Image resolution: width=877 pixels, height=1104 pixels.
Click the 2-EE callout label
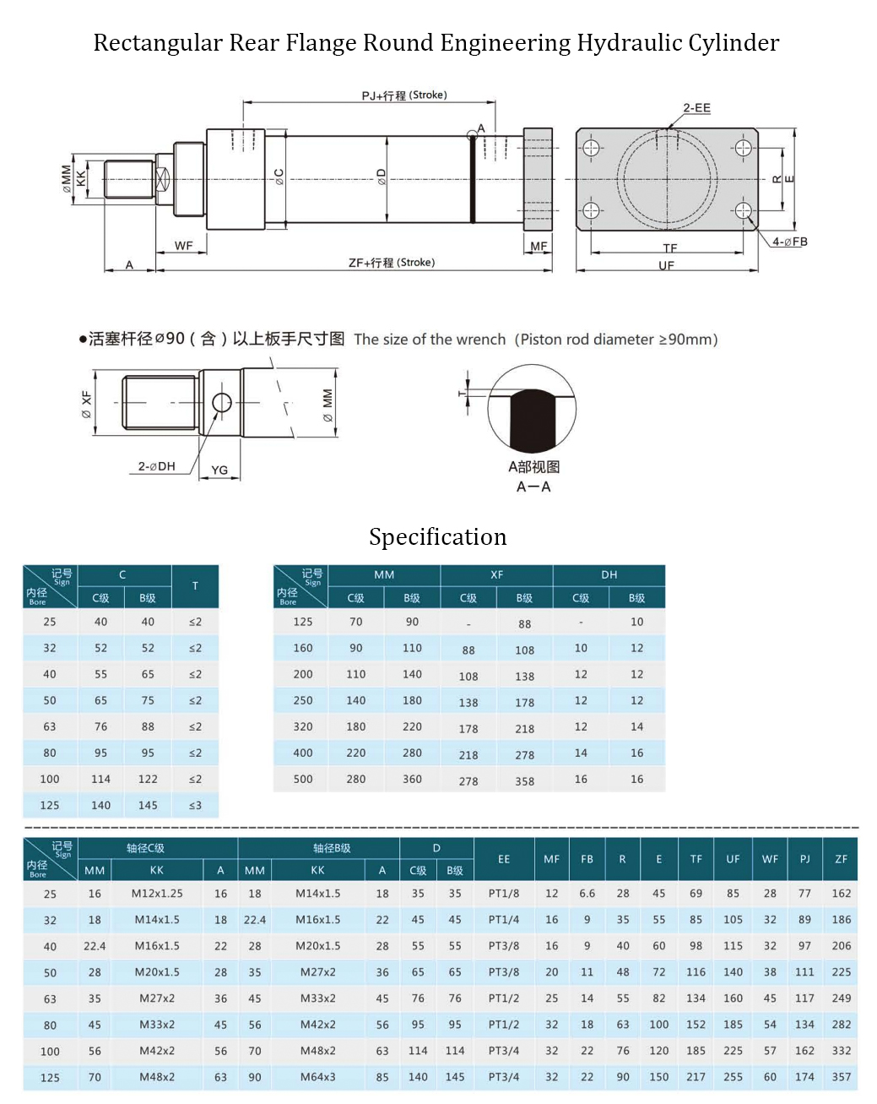point(696,108)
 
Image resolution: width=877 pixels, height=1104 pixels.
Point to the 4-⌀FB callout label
point(789,242)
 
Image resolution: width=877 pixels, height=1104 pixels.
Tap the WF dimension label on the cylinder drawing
point(184,246)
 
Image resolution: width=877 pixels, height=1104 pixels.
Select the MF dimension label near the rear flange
point(539,247)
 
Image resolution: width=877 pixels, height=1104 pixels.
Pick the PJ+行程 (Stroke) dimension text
point(404,95)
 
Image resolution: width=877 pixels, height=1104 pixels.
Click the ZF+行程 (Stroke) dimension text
point(392,263)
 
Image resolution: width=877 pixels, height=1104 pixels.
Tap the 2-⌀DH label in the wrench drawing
point(157,466)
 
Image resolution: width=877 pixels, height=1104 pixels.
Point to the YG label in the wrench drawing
point(219,470)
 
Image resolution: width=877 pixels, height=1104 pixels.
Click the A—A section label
point(533,487)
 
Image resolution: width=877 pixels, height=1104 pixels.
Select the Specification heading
point(437,537)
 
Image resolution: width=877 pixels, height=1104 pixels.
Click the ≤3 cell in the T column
point(195,806)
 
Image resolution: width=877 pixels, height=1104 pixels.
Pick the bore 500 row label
point(303,780)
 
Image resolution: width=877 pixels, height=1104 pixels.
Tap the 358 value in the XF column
point(524,782)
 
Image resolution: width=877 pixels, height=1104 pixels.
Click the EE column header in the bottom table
point(504,859)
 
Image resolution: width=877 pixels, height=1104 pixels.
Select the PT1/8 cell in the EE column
point(504,894)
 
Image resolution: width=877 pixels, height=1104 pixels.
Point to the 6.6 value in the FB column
point(587,894)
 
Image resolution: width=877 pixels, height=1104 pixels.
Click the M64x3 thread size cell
point(317,1078)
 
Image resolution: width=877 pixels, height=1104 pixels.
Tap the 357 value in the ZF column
point(841,1078)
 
